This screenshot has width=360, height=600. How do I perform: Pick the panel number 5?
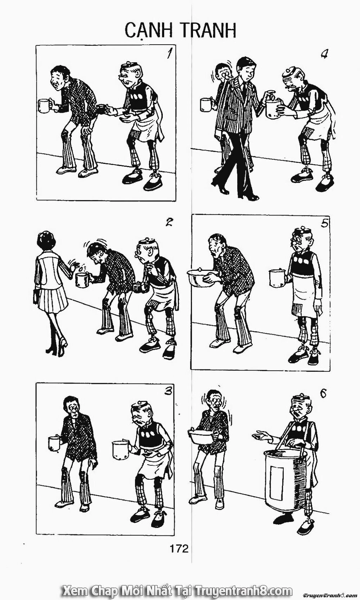324,224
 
